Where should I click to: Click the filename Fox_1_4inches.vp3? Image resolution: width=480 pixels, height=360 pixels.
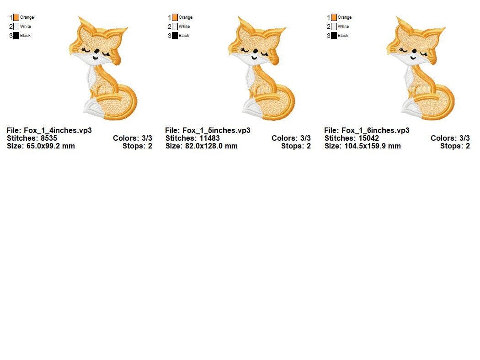click(x=58, y=130)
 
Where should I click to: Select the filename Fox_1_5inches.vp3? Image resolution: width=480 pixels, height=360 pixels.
click(x=216, y=130)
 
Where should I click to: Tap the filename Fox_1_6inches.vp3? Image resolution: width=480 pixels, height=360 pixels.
click(x=375, y=130)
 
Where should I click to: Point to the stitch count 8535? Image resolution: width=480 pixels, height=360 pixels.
click(x=48, y=138)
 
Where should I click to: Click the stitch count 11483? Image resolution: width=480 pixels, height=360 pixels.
click(x=209, y=138)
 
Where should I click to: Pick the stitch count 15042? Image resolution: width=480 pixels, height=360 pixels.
click(x=368, y=138)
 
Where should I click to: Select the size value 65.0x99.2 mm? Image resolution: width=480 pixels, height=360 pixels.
click(x=50, y=146)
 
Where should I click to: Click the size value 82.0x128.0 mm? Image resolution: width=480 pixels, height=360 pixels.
click(x=211, y=146)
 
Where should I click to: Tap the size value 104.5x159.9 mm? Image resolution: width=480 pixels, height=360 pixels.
click(x=372, y=146)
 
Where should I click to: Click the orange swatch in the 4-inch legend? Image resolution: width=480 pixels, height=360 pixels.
click(x=16, y=17)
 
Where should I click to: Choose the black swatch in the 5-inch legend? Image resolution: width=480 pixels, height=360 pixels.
click(x=175, y=36)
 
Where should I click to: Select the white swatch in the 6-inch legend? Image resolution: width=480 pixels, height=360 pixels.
click(x=334, y=26)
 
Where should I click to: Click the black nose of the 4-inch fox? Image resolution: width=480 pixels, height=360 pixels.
click(x=96, y=51)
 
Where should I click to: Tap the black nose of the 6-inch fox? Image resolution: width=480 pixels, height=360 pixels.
click(x=414, y=51)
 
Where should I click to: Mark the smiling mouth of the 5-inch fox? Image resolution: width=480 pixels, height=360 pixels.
click(x=254, y=58)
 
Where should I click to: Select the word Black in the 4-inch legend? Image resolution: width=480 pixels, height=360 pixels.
click(x=26, y=36)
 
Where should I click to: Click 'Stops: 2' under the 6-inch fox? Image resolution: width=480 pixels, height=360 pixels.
click(x=455, y=146)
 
